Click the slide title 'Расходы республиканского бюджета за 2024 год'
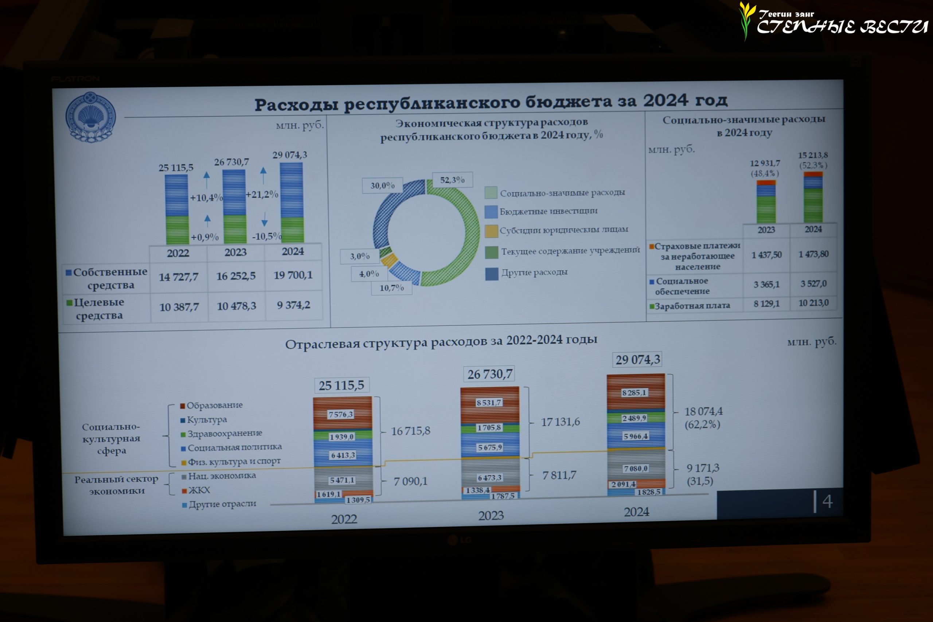(x=491, y=102)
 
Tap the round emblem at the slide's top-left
(x=90, y=117)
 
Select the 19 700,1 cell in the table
(x=293, y=275)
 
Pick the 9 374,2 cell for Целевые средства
(x=293, y=305)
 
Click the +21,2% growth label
(x=262, y=194)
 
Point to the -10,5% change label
(x=266, y=236)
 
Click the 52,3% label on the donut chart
(x=452, y=180)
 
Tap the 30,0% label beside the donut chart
(x=382, y=185)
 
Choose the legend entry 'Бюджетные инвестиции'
(x=548, y=211)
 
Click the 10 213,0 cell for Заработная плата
(x=813, y=303)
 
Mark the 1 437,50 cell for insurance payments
(x=766, y=255)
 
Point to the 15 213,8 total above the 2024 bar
(x=813, y=155)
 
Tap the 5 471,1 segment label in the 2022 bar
(x=342, y=480)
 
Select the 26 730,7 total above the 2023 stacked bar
(x=489, y=374)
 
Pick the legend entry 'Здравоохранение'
(x=224, y=434)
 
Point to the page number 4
(x=827, y=501)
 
